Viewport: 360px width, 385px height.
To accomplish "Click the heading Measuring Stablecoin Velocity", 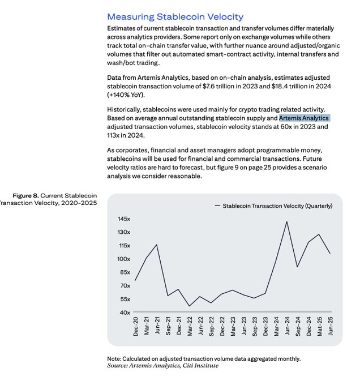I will point(175,17).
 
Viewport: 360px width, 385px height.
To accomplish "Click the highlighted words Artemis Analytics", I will point(304,118).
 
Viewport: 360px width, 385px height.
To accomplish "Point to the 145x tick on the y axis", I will point(124,219).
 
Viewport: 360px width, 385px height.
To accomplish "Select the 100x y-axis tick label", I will point(124,259).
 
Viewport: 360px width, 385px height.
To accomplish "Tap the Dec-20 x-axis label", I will point(136,327).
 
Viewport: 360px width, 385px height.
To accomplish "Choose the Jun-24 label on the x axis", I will point(287,327).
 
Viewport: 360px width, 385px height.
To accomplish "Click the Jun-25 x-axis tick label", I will point(331,327).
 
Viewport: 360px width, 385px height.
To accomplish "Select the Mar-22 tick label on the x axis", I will point(190,327).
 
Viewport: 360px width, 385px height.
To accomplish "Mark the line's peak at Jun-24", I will point(287,221).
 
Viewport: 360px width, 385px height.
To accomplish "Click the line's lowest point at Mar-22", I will point(190,306).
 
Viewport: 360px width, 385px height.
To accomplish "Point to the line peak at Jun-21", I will point(157,245).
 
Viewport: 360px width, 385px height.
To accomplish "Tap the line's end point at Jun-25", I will point(331,253).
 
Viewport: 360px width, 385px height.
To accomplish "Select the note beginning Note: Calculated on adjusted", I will point(204,358).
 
